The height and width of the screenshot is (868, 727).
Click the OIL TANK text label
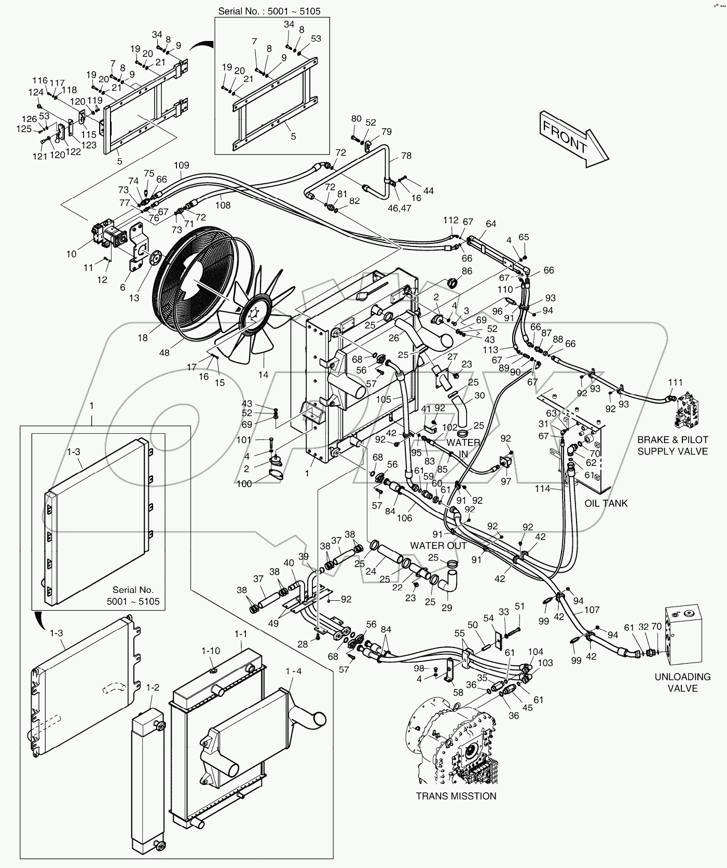click(606, 503)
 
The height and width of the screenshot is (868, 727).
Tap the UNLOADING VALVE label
click(682, 682)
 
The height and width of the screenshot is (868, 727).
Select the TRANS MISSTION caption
click(456, 810)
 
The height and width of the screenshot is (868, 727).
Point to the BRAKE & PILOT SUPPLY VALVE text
click(673, 445)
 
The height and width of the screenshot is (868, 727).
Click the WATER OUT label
click(438, 545)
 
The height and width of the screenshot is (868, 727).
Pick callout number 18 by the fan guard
click(142, 338)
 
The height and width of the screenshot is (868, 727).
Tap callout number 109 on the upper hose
click(181, 166)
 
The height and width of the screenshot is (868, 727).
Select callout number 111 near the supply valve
click(675, 382)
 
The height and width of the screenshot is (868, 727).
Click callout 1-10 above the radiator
click(211, 651)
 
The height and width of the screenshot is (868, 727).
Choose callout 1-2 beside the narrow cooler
click(152, 688)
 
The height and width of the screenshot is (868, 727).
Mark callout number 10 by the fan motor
click(71, 254)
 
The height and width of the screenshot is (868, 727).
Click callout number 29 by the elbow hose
click(446, 607)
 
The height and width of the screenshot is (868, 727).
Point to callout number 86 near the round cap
click(467, 271)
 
